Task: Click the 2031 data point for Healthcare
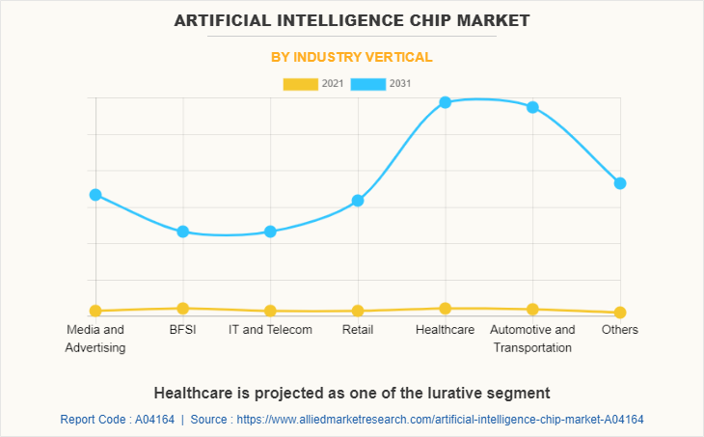[x=445, y=102]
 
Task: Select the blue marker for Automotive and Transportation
[x=532, y=107]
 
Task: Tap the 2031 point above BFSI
[x=182, y=232]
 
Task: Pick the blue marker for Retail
[x=358, y=201]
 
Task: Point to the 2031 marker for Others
[x=620, y=183]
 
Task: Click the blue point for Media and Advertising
[x=95, y=195]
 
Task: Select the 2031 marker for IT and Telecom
[x=270, y=232]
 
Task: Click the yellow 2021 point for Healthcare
[x=445, y=309]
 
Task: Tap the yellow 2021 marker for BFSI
[x=182, y=309]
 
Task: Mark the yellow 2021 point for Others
[x=620, y=313]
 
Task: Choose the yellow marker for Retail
[x=358, y=311]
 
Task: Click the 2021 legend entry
[x=313, y=84]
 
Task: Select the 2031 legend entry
[x=382, y=84]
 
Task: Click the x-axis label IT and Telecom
[x=270, y=330]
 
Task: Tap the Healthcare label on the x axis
[x=445, y=330]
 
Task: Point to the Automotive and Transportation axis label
[x=532, y=339]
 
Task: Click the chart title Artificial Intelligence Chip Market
[x=352, y=19]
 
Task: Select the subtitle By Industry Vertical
[x=352, y=57]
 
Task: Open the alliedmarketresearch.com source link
[x=440, y=420]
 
